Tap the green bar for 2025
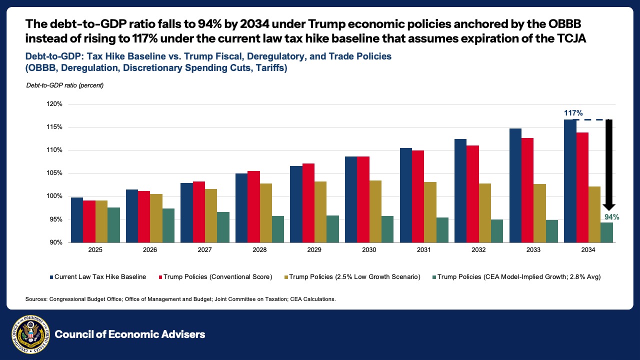click(x=113, y=225)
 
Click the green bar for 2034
click(x=606, y=232)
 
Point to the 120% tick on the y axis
click(x=54, y=104)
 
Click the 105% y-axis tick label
click(x=54, y=173)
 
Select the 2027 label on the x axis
click(x=204, y=249)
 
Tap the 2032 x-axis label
click(x=478, y=249)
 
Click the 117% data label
click(x=573, y=113)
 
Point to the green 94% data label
click(x=611, y=217)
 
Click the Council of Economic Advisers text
click(x=130, y=334)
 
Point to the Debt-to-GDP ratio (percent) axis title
click(x=64, y=85)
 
